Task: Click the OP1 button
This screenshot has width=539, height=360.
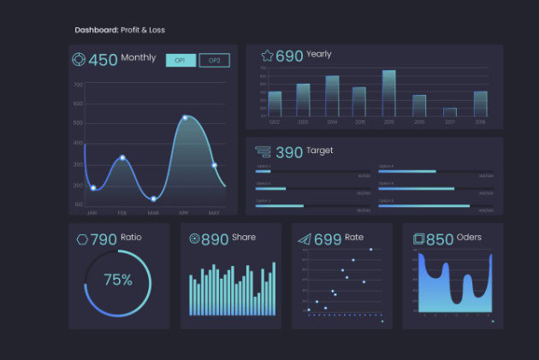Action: (x=181, y=60)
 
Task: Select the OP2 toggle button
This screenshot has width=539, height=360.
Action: (x=214, y=60)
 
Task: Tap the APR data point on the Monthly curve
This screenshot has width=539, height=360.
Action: (x=185, y=118)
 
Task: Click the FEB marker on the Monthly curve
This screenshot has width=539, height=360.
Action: (x=122, y=158)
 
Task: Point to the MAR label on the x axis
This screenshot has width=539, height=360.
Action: (x=153, y=212)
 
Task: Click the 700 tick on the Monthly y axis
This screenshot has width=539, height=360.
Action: (x=78, y=85)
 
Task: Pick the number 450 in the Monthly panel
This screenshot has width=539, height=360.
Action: (x=103, y=60)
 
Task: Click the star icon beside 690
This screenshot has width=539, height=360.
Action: (x=267, y=56)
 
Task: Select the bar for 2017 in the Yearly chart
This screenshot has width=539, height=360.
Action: (x=449, y=112)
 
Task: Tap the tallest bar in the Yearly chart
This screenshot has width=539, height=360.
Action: (x=388, y=93)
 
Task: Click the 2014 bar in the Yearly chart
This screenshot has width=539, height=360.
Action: (x=332, y=96)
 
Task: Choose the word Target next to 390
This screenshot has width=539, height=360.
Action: (x=320, y=150)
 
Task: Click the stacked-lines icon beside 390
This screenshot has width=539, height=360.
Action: (x=264, y=152)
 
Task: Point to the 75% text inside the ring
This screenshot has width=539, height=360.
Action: (x=117, y=280)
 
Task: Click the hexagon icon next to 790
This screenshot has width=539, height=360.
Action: (x=82, y=239)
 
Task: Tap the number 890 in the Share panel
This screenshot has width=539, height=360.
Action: (x=215, y=239)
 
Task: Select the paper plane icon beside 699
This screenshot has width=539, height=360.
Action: (x=304, y=239)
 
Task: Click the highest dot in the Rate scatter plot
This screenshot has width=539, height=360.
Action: (x=370, y=250)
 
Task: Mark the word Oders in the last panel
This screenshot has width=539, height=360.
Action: (x=469, y=237)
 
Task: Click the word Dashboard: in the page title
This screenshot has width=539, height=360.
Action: (x=97, y=30)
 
